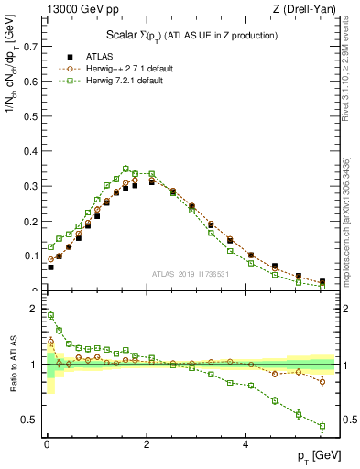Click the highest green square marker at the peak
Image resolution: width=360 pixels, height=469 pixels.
125,169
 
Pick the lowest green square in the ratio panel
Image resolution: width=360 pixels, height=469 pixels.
322,426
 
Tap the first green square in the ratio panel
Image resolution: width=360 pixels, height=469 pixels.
50,315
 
